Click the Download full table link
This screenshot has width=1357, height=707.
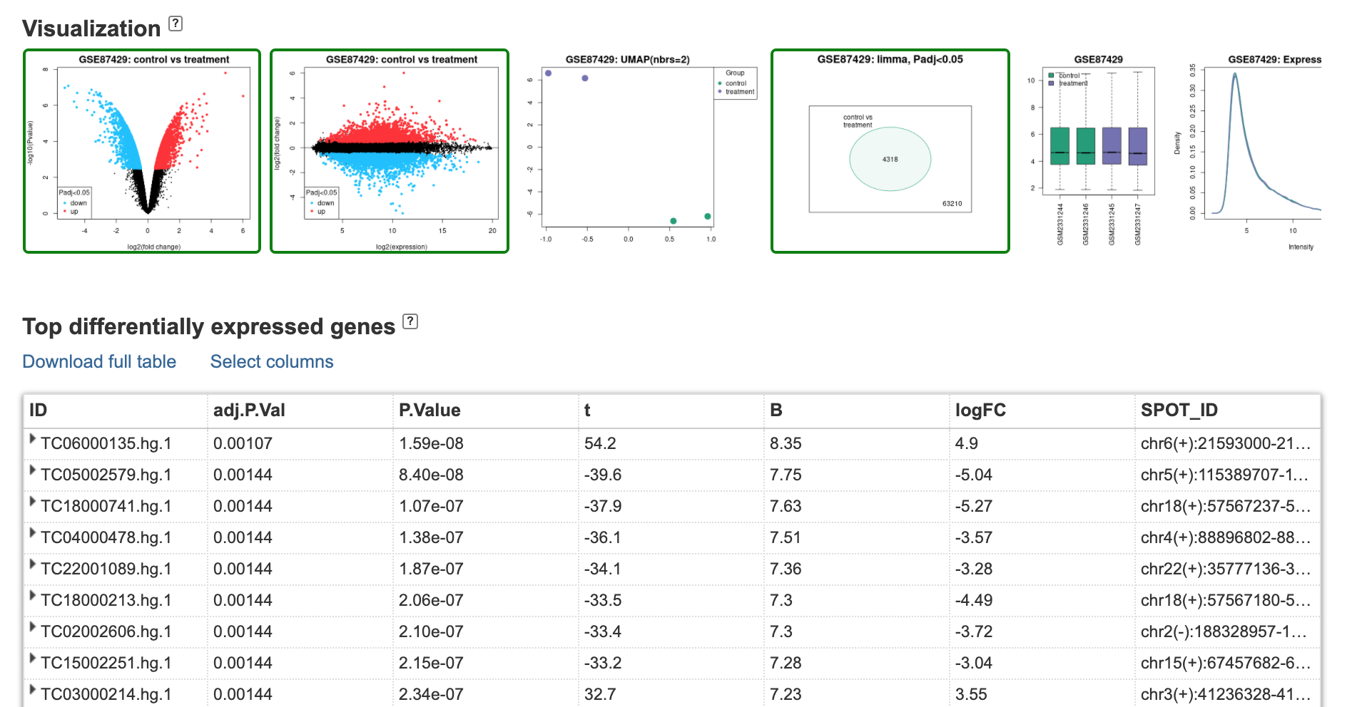point(99,361)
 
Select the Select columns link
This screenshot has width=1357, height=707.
point(272,361)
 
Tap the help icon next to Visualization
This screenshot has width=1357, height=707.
point(176,24)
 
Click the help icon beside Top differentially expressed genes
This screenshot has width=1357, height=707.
point(410,321)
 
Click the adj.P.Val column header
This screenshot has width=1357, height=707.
point(249,410)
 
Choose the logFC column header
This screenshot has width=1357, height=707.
point(980,410)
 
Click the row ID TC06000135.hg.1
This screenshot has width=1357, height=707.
point(106,443)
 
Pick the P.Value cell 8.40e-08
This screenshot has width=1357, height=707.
point(431,475)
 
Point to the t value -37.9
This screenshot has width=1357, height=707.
point(602,506)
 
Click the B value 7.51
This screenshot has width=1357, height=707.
point(786,537)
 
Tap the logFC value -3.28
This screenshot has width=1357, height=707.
point(973,569)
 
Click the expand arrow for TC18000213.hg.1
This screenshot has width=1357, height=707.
point(32,596)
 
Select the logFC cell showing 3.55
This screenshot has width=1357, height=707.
point(971,694)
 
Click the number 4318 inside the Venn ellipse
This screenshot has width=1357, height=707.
point(890,159)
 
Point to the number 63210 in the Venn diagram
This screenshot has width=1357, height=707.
point(952,204)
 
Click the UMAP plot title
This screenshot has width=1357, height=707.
point(627,60)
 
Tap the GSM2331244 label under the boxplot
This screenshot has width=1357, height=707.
point(1060,224)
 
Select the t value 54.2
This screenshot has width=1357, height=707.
point(600,443)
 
